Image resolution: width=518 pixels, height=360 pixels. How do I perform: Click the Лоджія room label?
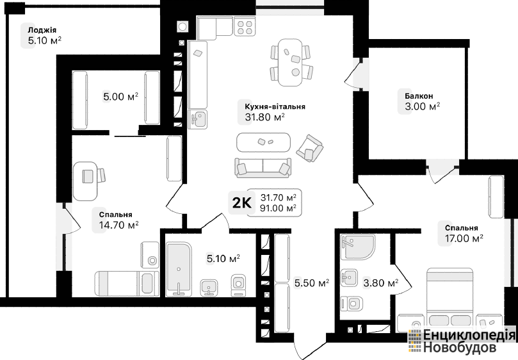pyautogui.click(x=42, y=29)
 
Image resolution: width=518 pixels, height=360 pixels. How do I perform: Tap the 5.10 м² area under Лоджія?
pyautogui.click(x=45, y=40)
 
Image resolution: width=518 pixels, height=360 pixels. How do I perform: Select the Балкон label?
pyautogui.click(x=419, y=96)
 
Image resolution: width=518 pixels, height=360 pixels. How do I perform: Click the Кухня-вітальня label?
pyautogui.click(x=275, y=107)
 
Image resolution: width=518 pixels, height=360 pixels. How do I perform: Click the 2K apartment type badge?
pyautogui.click(x=242, y=202)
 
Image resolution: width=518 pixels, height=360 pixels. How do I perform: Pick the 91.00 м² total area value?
pyautogui.click(x=278, y=208)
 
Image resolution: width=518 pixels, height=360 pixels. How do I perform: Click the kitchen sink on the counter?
pyautogui.click(x=198, y=119)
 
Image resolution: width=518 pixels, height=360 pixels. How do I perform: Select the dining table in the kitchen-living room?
pyautogui.click(x=291, y=63)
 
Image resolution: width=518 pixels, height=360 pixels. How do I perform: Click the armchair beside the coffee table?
pyautogui.click(x=309, y=148)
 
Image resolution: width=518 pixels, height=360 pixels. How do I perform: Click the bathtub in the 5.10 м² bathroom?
pyautogui.click(x=179, y=269)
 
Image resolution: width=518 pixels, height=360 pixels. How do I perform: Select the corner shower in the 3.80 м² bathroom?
pyautogui.click(x=357, y=247)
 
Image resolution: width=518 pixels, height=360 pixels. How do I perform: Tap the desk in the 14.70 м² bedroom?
pyautogui.click(x=86, y=181)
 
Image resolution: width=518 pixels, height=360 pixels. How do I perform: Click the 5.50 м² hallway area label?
pyautogui.click(x=312, y=283)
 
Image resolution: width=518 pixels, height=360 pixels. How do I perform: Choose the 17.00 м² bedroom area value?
pyautogui.click(x=464, y=238)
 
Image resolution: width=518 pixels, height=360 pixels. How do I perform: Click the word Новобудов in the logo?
pyautogui.click(x=460, y=347)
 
